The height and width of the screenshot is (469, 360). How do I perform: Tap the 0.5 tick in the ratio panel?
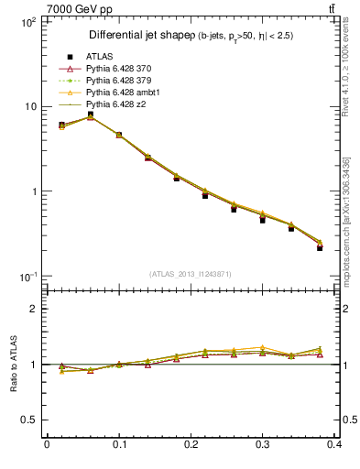pos(27,420)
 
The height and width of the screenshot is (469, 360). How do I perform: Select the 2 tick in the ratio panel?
pos(32,309)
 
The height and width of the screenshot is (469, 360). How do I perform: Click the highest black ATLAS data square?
pos(90,115)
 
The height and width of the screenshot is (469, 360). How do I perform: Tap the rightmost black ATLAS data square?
pos(320,247)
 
